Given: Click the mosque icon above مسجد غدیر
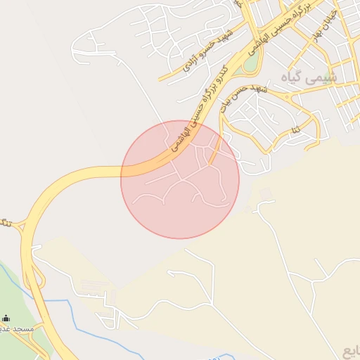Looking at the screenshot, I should click(x=6, y=318).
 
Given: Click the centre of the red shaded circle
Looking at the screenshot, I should click(x=180, y=179).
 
